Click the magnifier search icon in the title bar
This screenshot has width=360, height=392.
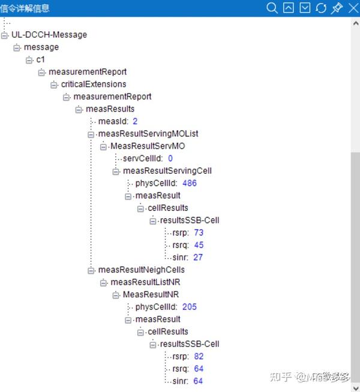[272, 8]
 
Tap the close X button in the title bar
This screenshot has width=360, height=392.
[353, 8]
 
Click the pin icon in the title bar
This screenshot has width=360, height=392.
[337, 8]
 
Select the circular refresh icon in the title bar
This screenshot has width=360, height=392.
[321, 8]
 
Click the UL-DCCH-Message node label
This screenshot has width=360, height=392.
[49, 35]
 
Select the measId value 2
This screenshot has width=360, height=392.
[135, 121]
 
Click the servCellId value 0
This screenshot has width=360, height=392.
[170, 158]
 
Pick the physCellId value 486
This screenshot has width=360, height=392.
[190, 183]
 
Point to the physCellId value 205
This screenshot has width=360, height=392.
[190, 307]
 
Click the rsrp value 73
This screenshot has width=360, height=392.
[199, 233]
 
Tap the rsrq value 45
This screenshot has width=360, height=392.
[199, 245]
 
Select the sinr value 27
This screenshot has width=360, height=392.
[198, 257]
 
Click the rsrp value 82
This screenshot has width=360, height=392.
[199, 356]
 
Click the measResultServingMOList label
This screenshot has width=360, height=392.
[148, 134]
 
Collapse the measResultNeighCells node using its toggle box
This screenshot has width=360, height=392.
[91, 270]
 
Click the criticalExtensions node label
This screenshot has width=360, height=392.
[94, 84]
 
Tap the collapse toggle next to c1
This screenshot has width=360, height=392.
[29, 60]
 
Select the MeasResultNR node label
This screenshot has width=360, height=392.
[151, 294]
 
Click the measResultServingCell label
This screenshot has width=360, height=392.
[167, 171]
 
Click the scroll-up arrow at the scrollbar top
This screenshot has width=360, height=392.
[355, 23]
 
